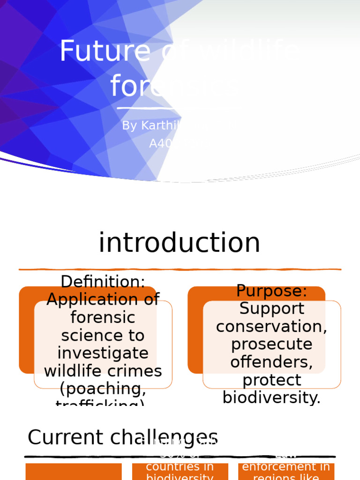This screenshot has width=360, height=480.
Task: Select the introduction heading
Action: (179, 243)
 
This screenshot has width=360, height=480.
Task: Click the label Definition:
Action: (103, 282)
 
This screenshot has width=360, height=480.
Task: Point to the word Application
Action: (103, 300)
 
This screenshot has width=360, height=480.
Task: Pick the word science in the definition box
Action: (103, 336)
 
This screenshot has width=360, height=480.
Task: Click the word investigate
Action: (103, 353)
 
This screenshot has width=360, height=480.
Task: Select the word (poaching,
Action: (103, 389)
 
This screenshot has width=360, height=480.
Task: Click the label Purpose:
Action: (271, 291)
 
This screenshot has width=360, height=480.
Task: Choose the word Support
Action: (271, 308)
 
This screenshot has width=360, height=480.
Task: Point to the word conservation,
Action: (271, 326)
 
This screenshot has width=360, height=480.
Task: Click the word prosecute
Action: (271, 344)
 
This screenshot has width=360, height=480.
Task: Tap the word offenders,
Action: (271, 362)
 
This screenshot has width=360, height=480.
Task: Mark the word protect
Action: (271, 380)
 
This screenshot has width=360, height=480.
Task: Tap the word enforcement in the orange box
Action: (285, 466)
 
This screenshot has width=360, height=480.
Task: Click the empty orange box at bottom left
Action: (74, 472)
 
